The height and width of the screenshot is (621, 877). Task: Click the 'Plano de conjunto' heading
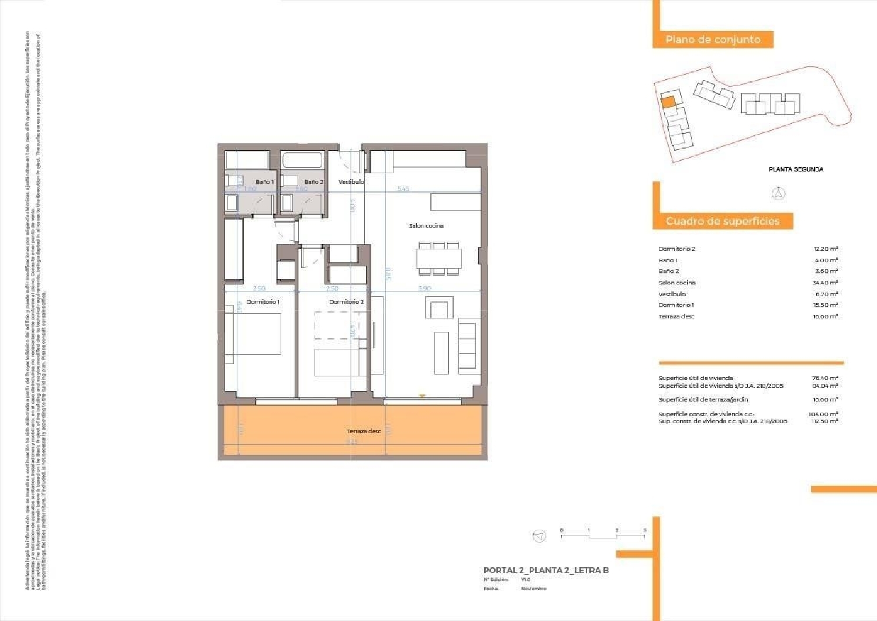click(713, 40)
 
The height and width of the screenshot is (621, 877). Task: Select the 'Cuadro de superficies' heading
click(722, 221)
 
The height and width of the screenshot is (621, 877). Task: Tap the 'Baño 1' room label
click(264, 182)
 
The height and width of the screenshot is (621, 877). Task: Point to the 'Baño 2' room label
click(313, 182)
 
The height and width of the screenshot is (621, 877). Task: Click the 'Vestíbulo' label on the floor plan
click(351, 182)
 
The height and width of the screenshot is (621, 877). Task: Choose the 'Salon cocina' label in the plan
click(426, 225)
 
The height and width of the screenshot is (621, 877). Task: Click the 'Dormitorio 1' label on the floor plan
click(263, 302)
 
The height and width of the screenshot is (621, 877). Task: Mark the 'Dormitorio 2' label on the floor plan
click(346, 302)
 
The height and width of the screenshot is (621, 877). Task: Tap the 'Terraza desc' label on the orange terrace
click(364, 431)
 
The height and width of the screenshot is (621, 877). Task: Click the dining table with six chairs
click(439, 258)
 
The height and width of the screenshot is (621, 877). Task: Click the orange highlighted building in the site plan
click(668, 101)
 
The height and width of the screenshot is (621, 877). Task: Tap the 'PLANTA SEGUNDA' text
click(796, 169)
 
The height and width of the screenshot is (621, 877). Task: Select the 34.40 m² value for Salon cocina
click(825, 283)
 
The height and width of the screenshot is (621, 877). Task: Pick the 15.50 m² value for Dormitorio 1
click(825, 305)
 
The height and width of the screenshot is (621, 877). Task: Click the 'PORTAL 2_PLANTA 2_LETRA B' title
click(546, 570)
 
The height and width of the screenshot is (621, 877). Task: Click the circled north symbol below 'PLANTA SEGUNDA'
click(778, 193)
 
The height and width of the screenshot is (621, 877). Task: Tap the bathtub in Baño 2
click(302, 160)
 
